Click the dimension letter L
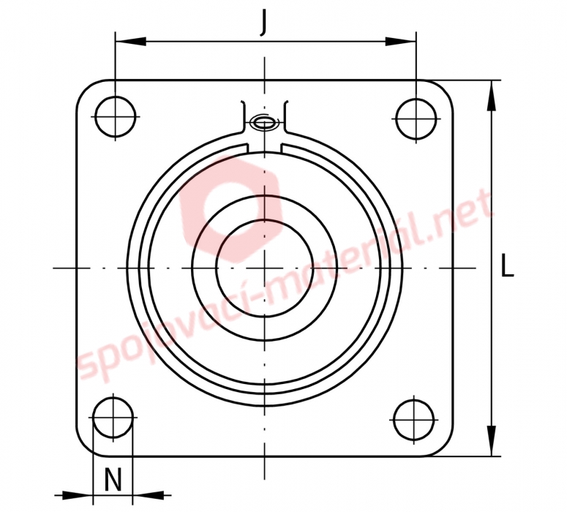pyautogui.click(x=507, y=266)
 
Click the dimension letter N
pyautogui.click(x=113, y=480)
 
